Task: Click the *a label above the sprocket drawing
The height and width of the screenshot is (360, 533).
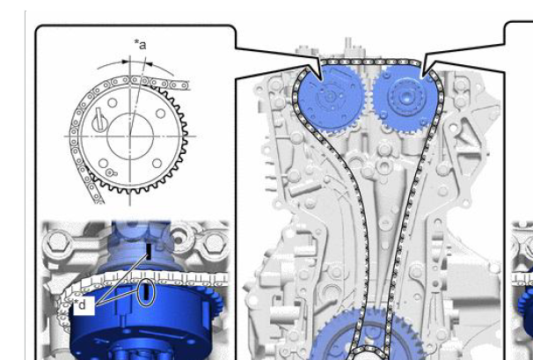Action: (x=141, y=45)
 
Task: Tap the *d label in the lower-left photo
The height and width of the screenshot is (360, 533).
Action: (x=80, y=305)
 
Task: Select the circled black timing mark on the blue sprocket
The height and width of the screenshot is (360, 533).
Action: (x=146, y=292)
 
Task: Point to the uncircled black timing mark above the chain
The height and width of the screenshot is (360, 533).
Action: (x=149, y=252)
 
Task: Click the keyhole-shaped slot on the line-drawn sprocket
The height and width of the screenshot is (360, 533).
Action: (x=99, y=120)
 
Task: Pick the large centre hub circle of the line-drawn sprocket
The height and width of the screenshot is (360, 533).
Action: (x=130, y=136)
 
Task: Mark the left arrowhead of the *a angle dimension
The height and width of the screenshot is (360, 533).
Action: (x=126, y=62)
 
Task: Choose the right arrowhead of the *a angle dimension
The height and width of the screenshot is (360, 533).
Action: (x=149, y=63)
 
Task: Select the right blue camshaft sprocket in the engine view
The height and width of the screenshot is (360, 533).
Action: (x=405, y=98)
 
